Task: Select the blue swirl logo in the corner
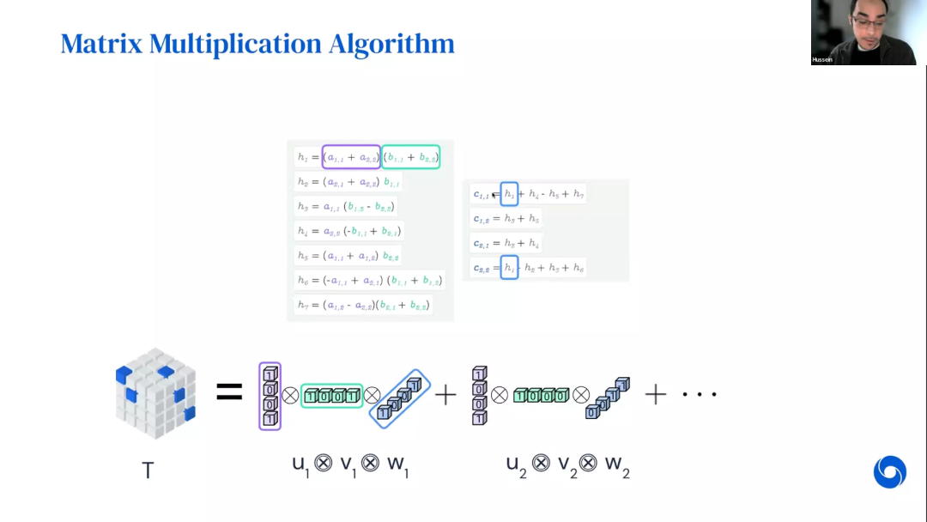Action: pos(890,472)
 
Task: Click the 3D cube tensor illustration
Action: pos(154,393)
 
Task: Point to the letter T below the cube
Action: pos(148,470)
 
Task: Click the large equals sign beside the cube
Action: pos(229,393)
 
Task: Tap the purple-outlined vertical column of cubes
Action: pos(270,396)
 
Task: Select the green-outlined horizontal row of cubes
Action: pos(331,396)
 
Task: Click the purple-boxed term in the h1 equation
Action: pos(351,157)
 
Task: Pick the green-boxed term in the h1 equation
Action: pos(410,157)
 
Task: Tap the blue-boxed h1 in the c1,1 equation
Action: pos(509,195)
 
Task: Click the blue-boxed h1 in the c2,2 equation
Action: pos(509,268)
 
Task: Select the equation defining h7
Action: pos(362,305)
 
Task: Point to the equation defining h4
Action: pos(348,231)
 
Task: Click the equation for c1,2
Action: pos(506,219)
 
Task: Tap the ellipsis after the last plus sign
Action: pos(700,395)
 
